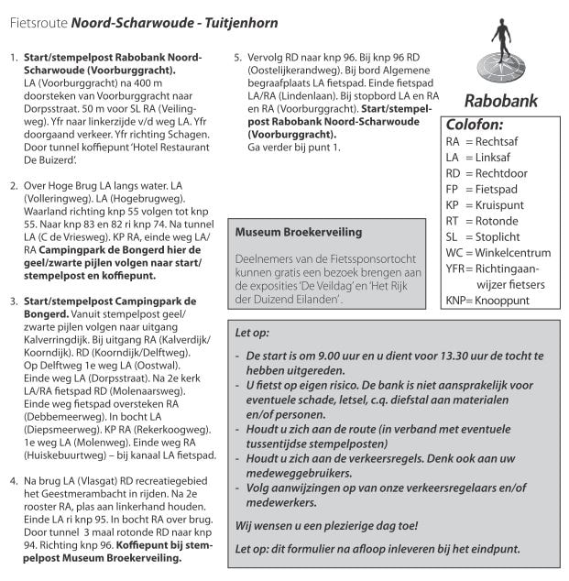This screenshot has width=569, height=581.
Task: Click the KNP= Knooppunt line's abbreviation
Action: (458, 300)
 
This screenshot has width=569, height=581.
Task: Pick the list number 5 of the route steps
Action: (238, 58)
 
